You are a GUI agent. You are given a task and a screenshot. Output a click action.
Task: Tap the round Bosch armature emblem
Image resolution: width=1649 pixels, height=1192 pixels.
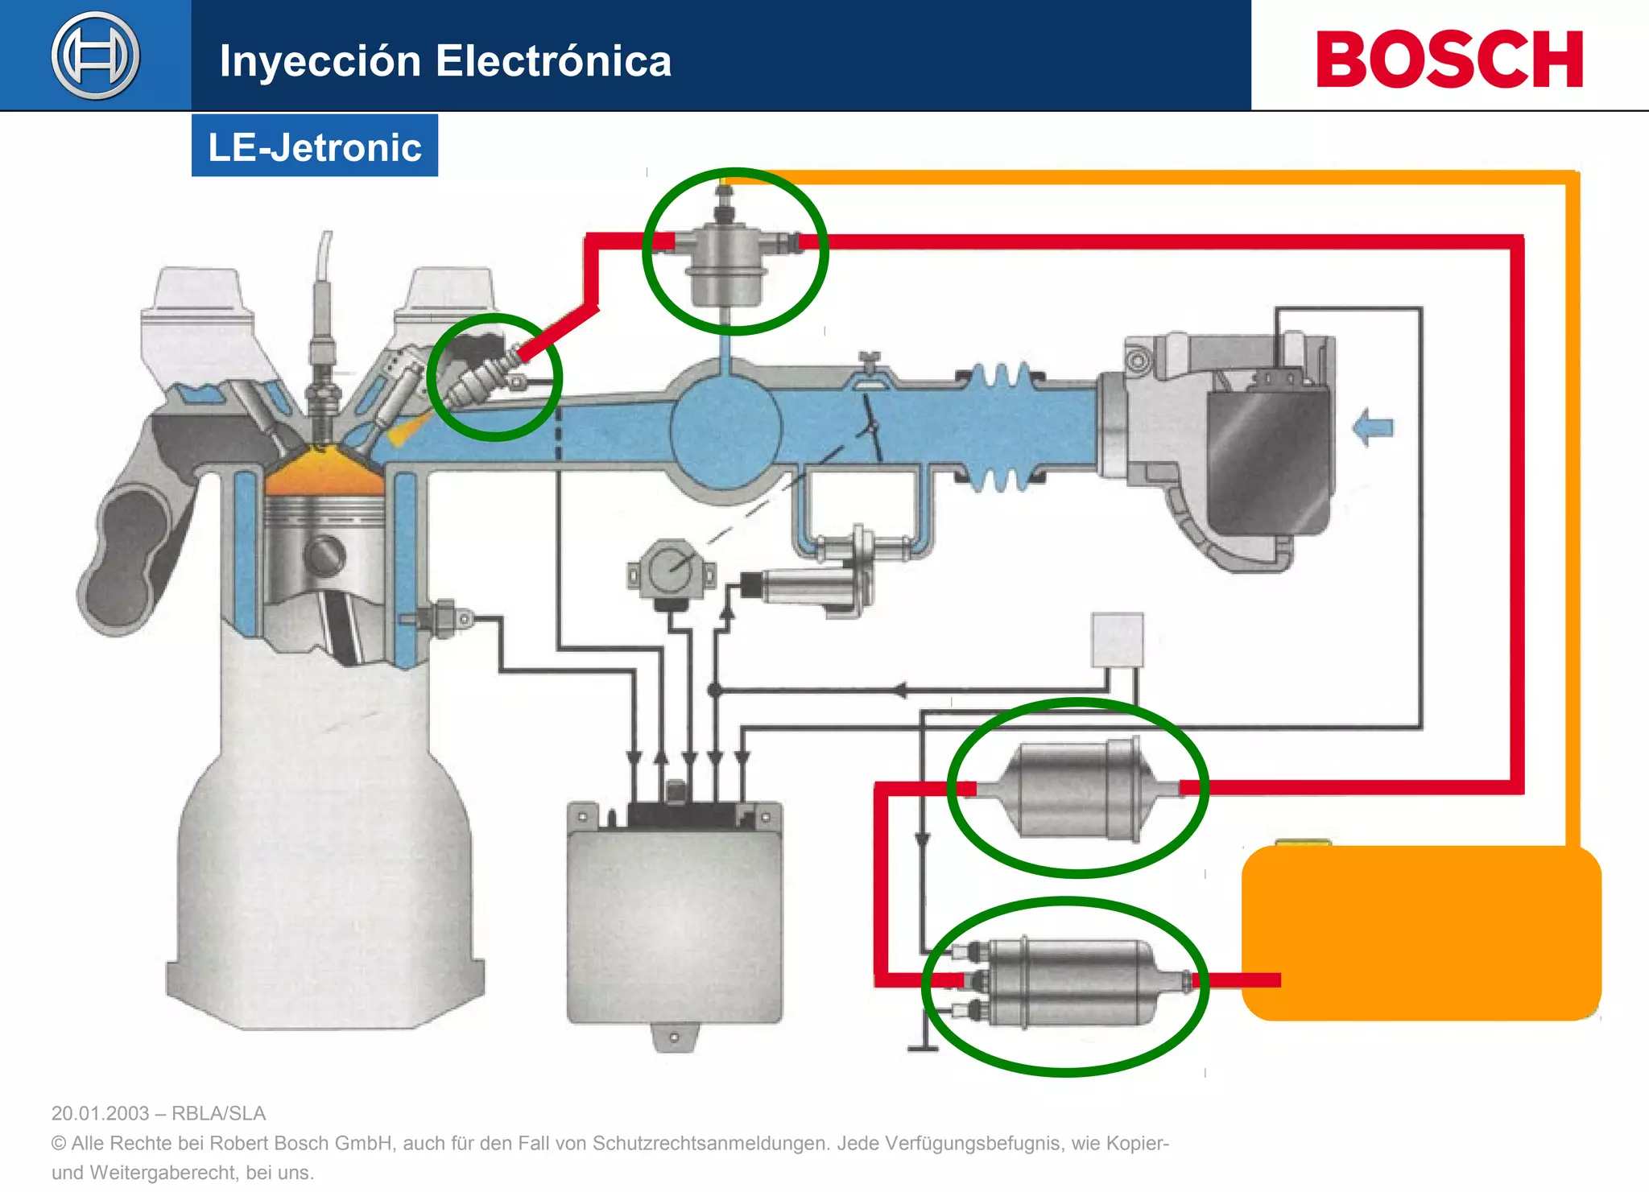pyautogui.click(x=95, y=56)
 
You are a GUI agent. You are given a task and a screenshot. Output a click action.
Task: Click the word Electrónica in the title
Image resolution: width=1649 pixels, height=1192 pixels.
pyautogui.click(x=553, y=61)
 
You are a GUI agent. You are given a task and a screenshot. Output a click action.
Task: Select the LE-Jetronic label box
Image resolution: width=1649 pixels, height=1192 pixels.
pyautogui.click(x=315, y=146)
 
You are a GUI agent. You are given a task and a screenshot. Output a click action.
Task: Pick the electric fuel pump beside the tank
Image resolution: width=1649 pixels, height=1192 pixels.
pyautogui.click(x=1071, y=983)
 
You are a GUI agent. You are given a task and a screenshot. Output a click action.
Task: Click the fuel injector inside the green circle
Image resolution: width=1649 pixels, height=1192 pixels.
pyautogui.click(x=483, y=378)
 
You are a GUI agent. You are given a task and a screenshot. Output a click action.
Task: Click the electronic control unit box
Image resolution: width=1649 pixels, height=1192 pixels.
pyautogui.click(x=675, y=918)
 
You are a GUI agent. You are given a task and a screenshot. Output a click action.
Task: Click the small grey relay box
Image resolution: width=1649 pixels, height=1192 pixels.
pyautogui.click(x=1117, y=640)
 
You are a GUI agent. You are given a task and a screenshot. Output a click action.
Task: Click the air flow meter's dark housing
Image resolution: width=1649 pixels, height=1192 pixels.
pyautogui.click(x=1268, y=463)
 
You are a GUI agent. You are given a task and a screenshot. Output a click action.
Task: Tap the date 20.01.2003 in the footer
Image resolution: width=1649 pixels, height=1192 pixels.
pyautogui.click(x=100, y=1113)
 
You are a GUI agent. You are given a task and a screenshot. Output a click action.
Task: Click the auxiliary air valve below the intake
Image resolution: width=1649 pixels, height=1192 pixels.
pyautogui.click(x=813, y=587)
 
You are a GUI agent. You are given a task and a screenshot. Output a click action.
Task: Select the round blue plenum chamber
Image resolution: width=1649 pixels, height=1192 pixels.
pyautogui.click(x=725, y=431)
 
